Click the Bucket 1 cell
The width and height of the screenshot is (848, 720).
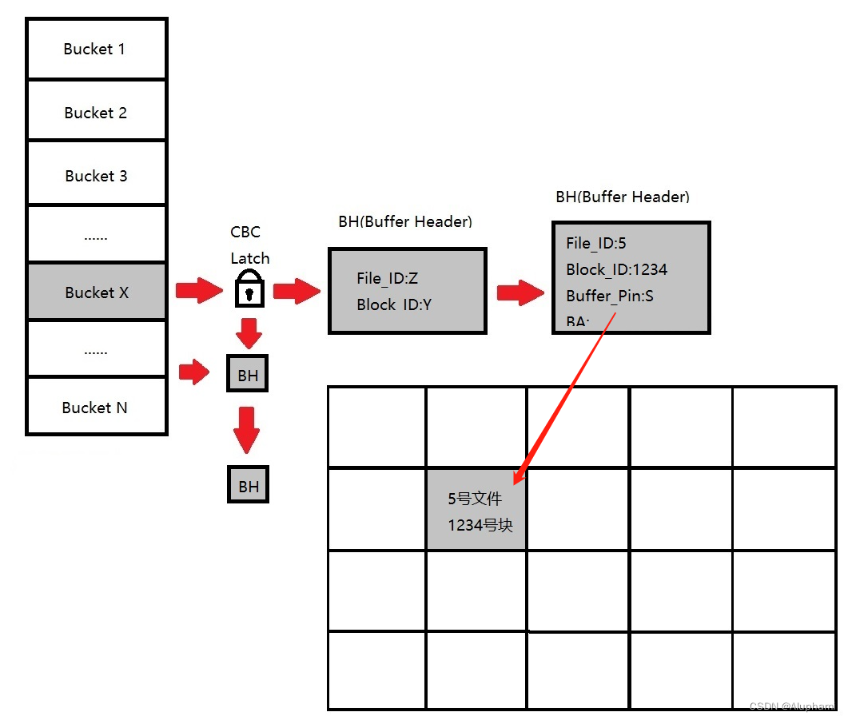96,50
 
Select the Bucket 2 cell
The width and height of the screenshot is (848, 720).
96,113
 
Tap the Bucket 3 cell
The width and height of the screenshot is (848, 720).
96,176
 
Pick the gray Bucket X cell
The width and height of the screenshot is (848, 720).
96,292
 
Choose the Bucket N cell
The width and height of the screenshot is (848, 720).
96,408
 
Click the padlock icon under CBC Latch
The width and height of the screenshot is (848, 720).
249,288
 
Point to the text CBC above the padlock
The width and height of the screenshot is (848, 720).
245,232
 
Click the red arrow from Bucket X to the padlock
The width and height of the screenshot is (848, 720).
199,291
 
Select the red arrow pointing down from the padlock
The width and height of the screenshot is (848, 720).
249,333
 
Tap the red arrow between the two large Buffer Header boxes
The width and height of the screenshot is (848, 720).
520,292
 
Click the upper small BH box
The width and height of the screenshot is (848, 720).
248,375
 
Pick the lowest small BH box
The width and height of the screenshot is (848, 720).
248,485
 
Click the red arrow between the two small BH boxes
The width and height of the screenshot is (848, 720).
246,430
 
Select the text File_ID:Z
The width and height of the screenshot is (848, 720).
388,278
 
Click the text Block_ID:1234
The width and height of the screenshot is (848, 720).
616,269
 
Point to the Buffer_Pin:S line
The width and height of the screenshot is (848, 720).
610,296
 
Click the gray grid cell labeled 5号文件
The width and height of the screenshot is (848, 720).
476,510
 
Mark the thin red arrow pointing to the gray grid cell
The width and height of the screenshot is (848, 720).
563,400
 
